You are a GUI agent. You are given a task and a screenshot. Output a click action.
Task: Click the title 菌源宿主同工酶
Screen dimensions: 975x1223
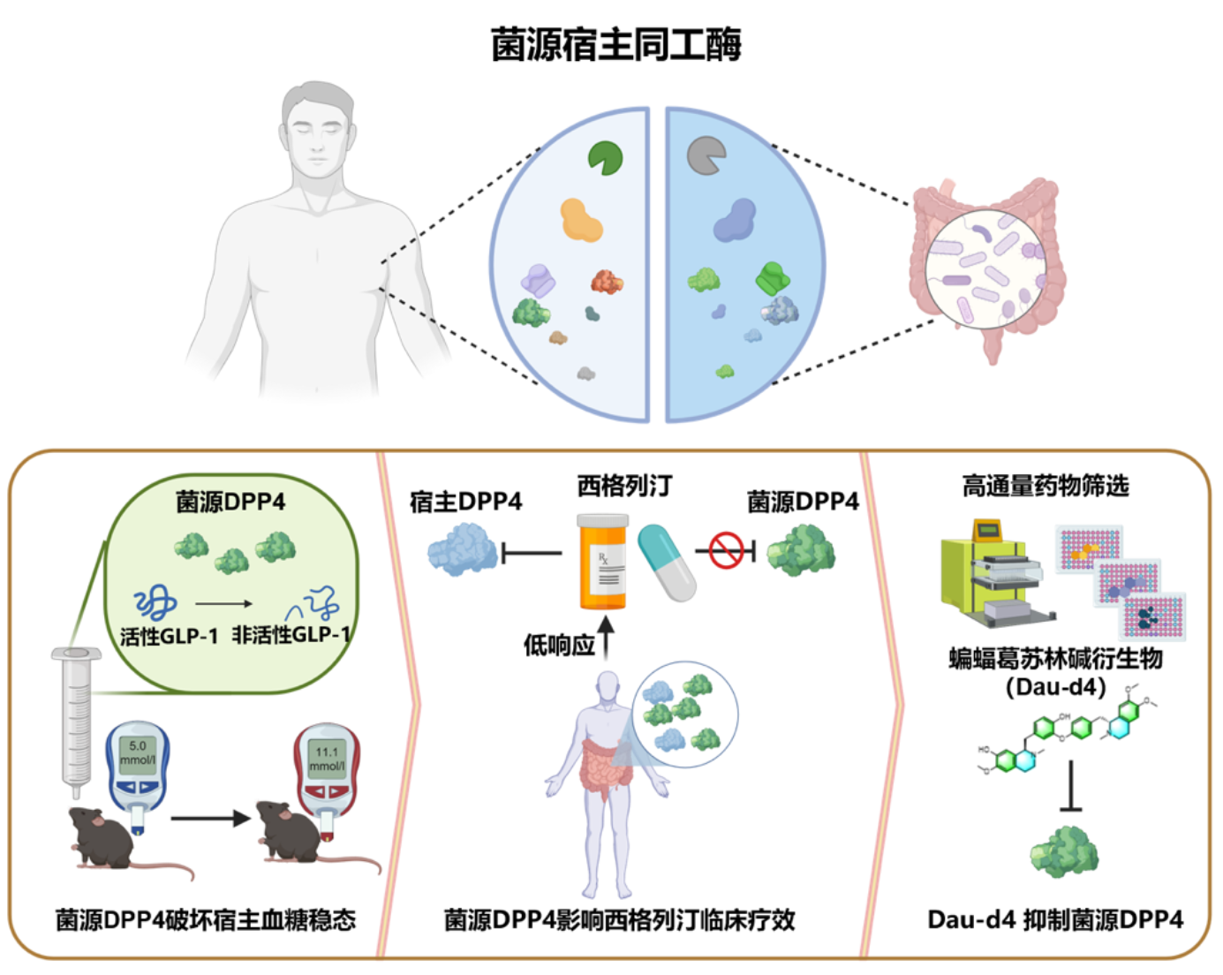coord(615,45)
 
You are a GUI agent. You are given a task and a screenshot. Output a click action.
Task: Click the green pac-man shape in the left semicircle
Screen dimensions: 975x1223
coord(606,159)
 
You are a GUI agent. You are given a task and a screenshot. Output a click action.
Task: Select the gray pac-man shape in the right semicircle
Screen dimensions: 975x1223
coord(706,155)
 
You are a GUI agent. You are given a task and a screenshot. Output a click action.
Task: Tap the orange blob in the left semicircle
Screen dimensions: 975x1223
coord(581,220)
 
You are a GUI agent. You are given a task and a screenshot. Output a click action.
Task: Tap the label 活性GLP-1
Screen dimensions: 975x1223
coord(169,636)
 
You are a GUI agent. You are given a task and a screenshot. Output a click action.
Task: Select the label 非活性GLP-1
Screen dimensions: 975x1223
coord(291,635)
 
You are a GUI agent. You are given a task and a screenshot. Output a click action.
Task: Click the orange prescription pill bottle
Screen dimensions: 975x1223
coord(603,562)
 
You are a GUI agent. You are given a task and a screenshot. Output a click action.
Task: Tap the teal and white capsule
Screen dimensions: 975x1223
coord(667,563)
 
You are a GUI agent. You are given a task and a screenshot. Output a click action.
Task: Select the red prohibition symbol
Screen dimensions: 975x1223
coord(727,552)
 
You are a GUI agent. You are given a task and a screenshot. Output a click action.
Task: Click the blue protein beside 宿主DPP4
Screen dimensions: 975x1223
coord(462,549)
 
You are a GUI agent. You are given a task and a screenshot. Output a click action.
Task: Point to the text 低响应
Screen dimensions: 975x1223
coord(559,646)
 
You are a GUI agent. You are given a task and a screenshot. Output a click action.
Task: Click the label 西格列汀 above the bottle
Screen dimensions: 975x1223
coord(624,486)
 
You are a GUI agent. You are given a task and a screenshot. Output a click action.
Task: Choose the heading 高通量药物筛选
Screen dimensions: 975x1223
coord(1046,486)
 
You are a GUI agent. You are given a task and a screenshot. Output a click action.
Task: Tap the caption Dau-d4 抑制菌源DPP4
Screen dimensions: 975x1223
coord(1054,919)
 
